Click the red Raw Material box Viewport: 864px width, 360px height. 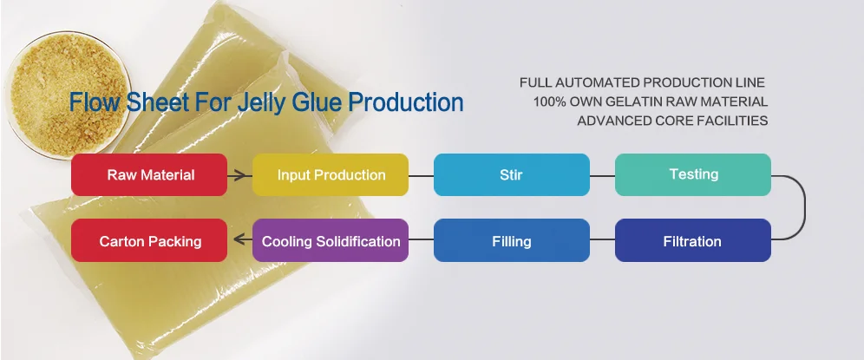(149, 174)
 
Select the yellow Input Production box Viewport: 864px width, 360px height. (331, 174)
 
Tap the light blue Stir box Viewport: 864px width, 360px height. (511, 174)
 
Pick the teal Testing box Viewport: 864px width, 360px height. (693, 174)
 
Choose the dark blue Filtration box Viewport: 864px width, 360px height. (693, 240)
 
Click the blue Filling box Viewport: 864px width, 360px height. (511, 240)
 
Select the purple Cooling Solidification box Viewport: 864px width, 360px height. (331, 240)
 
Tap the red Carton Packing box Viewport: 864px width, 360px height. (149, 240)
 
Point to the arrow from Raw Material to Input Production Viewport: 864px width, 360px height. (239, 175)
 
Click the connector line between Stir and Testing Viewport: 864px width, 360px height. (602, 175)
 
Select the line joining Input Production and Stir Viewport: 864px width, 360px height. (421, 175)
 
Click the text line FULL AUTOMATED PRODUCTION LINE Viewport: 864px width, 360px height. (642, 82)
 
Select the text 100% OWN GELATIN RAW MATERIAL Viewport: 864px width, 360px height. (651, 101)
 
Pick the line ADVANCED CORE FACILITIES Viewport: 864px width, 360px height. (672, 121)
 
